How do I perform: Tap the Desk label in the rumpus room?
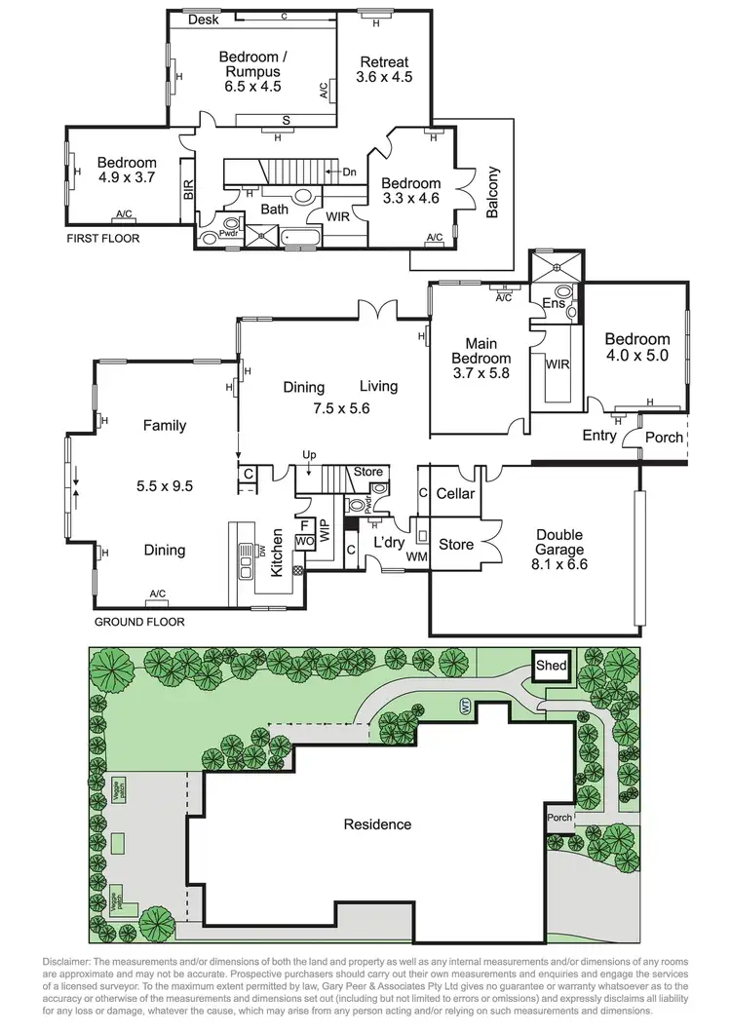coord(203,19)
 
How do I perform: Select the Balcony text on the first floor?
coord(492,193)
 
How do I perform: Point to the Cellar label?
coord(455,494)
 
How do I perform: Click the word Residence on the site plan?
coord(377,824)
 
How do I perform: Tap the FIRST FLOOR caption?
coord(102,239)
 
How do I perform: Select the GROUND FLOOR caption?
coord(138,622)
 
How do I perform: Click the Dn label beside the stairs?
coord(349,172)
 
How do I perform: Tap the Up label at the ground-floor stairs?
coord(311,455)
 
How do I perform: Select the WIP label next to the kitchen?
coord(326,532)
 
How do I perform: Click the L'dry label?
coord(389,542)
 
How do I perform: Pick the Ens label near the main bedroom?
coord(553,304)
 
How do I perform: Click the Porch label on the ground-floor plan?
coord(665,437)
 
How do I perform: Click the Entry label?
coord(598,436)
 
